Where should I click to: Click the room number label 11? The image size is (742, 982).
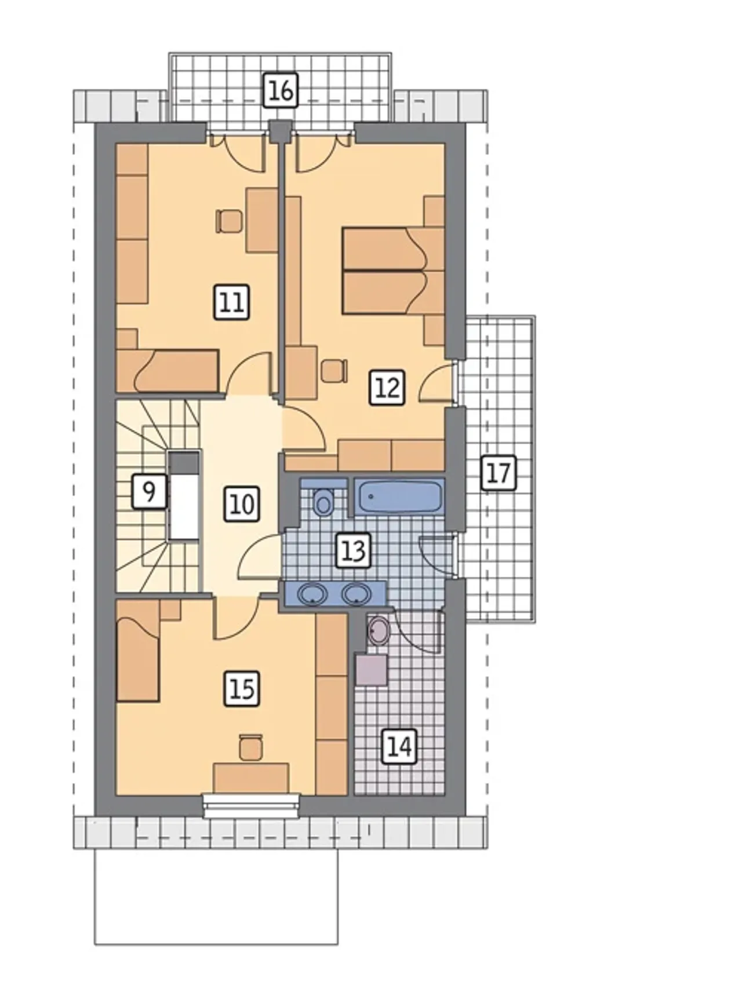(232, 302)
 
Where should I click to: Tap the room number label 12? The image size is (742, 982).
(387, 388)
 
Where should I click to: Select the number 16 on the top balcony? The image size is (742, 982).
(281, 90)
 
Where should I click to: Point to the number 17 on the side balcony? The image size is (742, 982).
(499, 473)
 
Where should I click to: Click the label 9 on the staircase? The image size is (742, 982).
(149, 491)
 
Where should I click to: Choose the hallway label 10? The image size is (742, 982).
(242, 503)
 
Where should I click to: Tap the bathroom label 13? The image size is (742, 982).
(354, 550)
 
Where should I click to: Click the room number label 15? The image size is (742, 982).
(242, 689)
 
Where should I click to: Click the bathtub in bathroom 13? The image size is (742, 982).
(399, 496)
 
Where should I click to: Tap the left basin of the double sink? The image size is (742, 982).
(313, 594)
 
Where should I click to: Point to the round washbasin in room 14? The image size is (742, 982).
(380, 630)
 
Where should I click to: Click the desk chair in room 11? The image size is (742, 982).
(228, 221)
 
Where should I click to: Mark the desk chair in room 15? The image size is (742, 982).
(251, 746)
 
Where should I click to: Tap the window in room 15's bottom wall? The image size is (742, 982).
(252, 806)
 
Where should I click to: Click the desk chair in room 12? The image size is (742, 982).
(333, 371)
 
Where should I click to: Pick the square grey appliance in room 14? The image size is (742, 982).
(371, 670)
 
